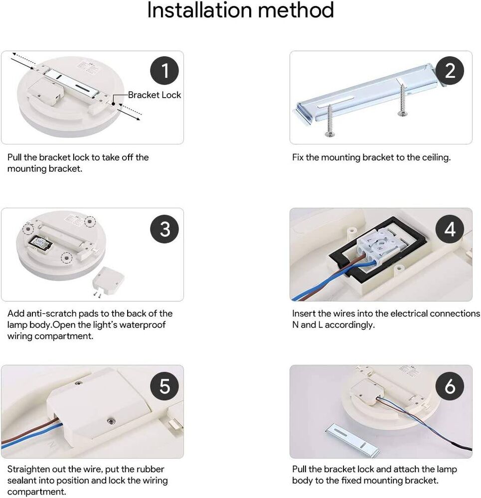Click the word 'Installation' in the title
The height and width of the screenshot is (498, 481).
200,10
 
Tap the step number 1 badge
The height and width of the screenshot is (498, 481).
164,71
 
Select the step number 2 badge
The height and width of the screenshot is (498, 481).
450,71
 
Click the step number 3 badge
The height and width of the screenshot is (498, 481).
164,229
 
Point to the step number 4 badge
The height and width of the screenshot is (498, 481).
450,229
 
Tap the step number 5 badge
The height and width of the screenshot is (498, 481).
164,386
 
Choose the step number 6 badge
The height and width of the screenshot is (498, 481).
450,386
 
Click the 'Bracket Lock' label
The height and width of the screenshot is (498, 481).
155,95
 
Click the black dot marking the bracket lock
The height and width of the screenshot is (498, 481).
113,104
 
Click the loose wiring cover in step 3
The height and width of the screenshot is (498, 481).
108,281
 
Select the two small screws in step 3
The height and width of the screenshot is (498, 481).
97,295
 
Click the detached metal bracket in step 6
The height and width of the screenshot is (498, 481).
352,440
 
